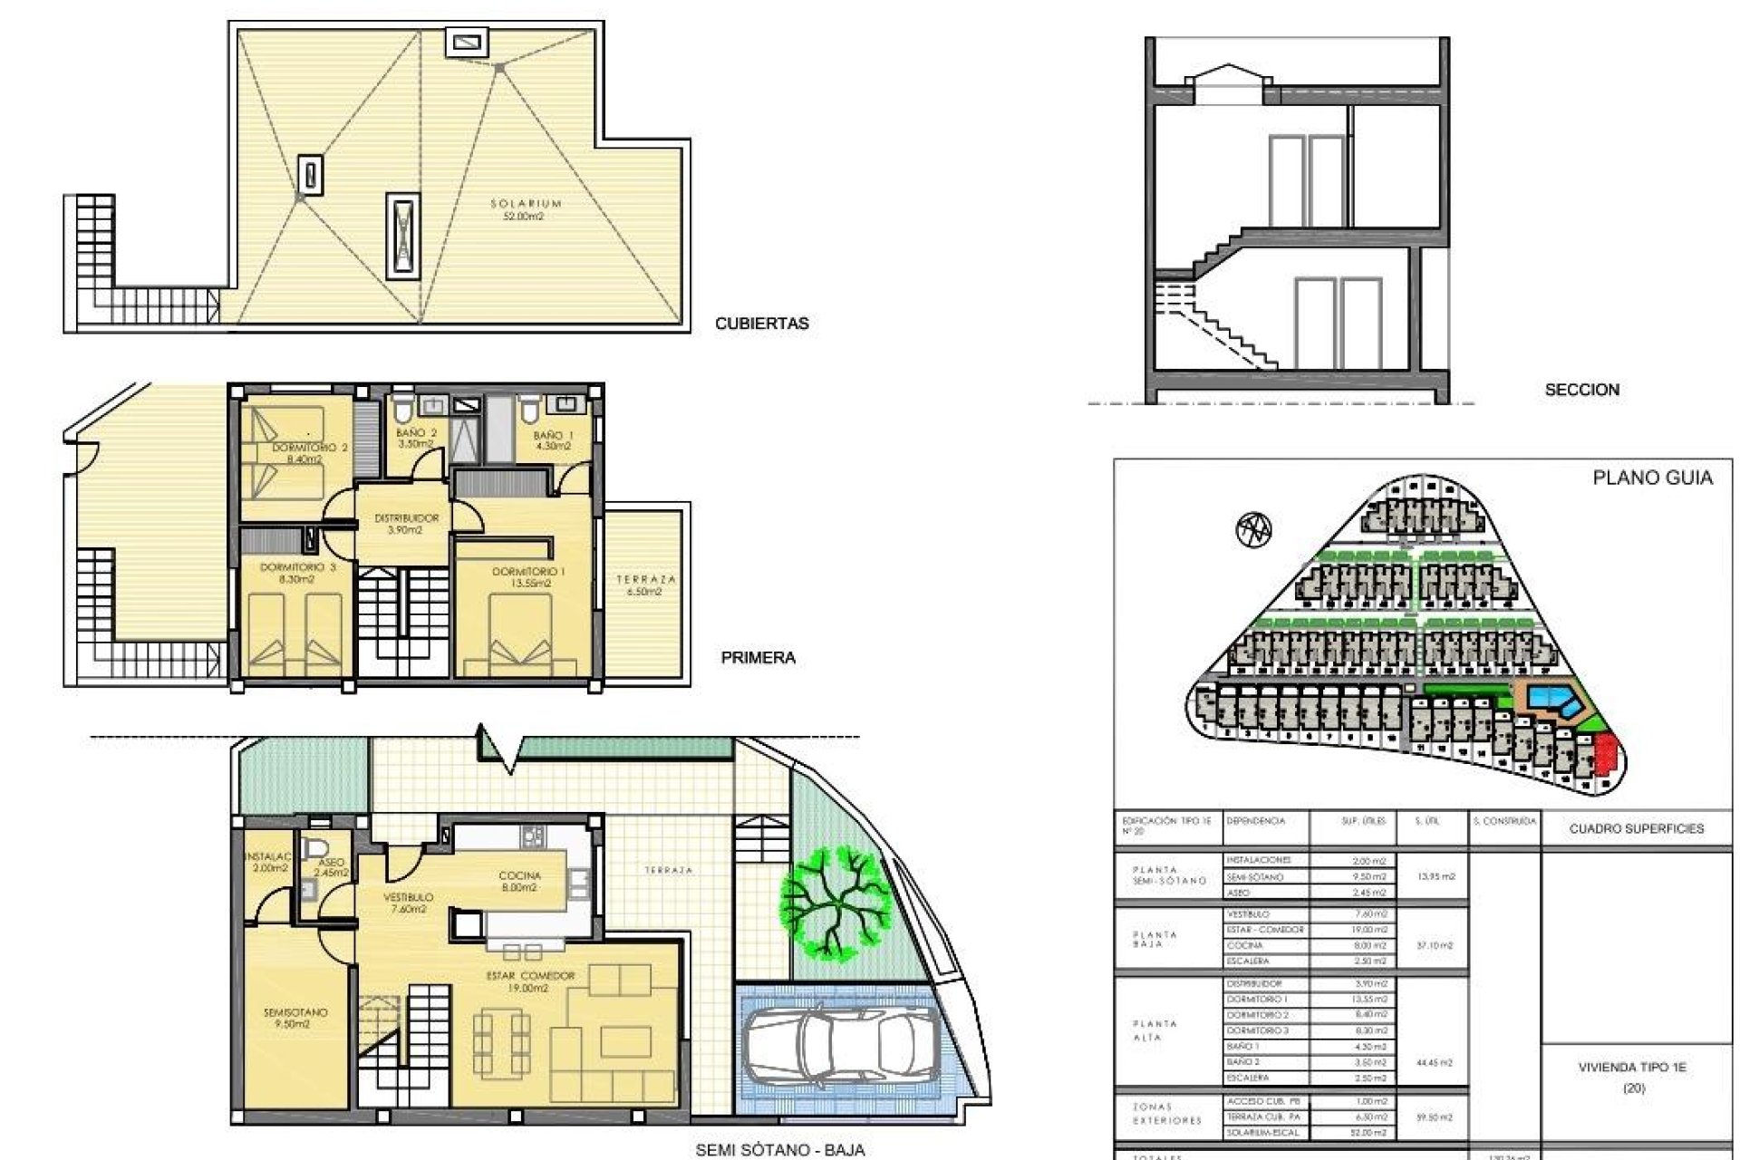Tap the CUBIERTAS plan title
(761, 324)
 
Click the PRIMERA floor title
(758, 658)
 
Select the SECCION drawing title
(1581, 390)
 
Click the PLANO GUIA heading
(1652, 478)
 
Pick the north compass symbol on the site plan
(1253, 528)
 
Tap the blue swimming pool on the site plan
(1552, 699)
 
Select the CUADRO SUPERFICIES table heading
(1636, 828)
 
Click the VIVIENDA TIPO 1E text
(1632, 1068)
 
